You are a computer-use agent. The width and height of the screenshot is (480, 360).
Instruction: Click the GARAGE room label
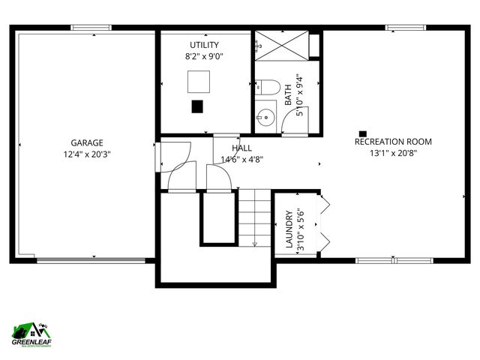point(87,142)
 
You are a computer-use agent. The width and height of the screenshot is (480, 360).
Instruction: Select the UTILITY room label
point(204,45)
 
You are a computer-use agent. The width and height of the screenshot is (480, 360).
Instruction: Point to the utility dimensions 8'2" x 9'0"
point(204,56)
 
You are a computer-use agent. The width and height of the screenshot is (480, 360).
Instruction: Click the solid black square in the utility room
point(197,106)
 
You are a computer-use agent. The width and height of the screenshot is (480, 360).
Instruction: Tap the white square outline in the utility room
point(199,81)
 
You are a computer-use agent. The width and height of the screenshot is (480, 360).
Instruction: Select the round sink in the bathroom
point(265,116)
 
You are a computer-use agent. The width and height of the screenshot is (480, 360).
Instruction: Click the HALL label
point(241,148)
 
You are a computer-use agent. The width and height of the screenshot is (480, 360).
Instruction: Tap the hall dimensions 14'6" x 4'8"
point(241,159)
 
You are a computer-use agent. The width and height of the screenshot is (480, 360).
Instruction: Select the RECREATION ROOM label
point(393,142)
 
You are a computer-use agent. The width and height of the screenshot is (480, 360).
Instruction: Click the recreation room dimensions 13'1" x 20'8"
point(393,153)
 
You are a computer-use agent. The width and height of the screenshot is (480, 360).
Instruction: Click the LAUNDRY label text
point(289,229)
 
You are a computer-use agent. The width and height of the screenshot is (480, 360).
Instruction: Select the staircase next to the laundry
point(254,217)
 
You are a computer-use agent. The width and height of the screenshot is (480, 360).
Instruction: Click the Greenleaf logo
point(31,334)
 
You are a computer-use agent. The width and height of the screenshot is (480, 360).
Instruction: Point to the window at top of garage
point(92,28)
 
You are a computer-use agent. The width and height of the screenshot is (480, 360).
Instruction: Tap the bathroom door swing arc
point(292,124)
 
